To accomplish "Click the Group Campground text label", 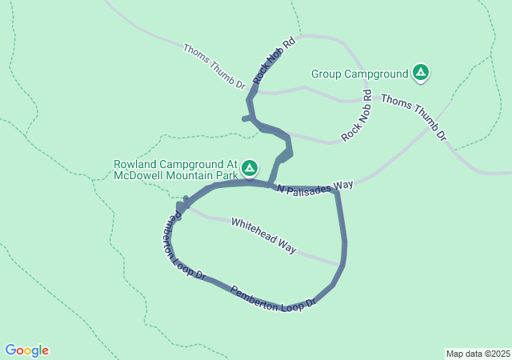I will [359, 74].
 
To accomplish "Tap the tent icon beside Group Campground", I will [421, 74].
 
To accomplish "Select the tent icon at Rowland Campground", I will [250, 168].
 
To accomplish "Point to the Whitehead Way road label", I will [264, 236].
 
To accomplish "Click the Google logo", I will [26, 350].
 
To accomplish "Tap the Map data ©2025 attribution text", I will [477, 354].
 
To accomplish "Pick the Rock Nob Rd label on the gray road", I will [358, 115].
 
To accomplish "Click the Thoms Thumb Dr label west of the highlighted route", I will [214, 67].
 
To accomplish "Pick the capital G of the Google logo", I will [10, 350].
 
